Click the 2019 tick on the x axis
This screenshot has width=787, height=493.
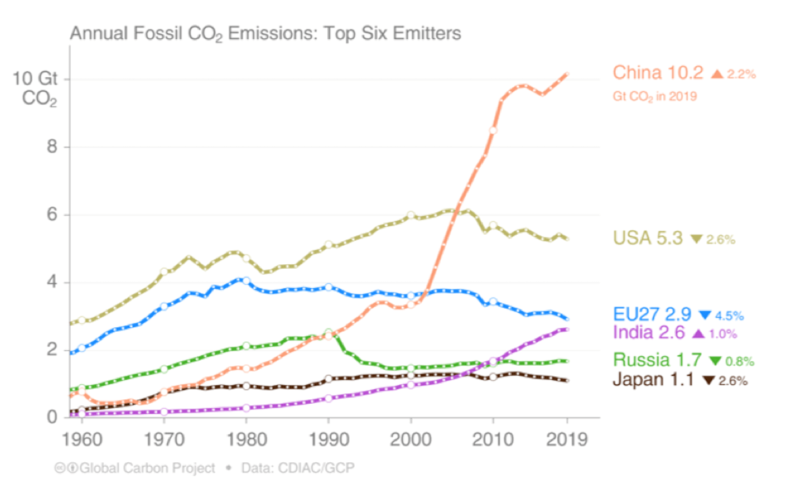click(x=567, y=441)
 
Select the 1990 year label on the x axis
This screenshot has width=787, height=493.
click(x=329, y=441)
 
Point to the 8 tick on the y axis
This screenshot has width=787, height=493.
click(x=53, y=148)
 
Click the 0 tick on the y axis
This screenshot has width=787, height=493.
click(x=53, y=418)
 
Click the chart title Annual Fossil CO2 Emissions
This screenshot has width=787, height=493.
click(x=266, y=33)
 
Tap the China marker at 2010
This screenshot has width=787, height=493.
click(x=493, y=130)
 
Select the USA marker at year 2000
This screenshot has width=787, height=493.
click(x=411, y=215)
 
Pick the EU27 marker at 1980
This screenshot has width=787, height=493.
click(x=246, y=281)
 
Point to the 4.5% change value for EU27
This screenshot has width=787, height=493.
click(x=733, y=315)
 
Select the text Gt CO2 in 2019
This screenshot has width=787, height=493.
click(x=655, y=96)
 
